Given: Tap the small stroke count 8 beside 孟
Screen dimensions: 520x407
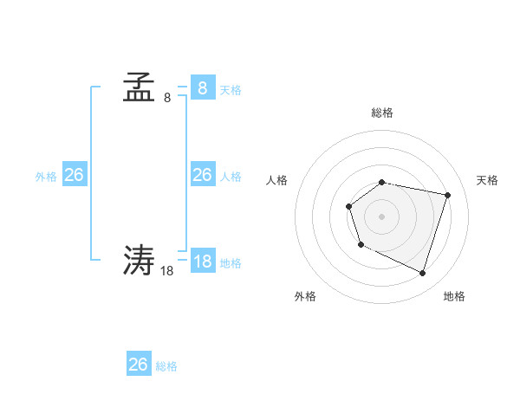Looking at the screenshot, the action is pos(167,98).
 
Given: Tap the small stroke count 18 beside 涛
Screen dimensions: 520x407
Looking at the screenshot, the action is pos(167,270).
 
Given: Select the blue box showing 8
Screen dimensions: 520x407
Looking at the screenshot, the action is pos(202,88).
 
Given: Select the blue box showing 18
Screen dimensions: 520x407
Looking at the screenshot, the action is pos(202,262).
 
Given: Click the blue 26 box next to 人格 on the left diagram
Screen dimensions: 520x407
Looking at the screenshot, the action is pos(202,175).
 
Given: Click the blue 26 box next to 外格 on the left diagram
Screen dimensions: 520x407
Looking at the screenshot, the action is pos(74,175).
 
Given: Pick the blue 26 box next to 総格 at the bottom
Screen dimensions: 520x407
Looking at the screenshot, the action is pos(138,365).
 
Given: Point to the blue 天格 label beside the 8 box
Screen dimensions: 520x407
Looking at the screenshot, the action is pos(231,90).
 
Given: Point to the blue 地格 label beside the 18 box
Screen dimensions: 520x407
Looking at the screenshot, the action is pos(231,263).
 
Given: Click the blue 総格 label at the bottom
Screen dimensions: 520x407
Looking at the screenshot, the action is pos(166,366).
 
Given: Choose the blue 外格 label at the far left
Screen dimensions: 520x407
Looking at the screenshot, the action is pos(46,177).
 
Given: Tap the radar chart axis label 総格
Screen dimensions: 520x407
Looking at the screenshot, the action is pos(382,113).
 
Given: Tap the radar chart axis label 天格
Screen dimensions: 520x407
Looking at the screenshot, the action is pos(487,180).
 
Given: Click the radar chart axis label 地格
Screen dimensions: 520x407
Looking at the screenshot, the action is pos(454,296).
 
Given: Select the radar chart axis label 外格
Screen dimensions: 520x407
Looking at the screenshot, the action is pos(305,296).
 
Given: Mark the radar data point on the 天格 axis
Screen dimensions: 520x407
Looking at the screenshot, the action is pos(447,195).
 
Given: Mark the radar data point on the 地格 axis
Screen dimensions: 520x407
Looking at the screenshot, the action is pos(422,273).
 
